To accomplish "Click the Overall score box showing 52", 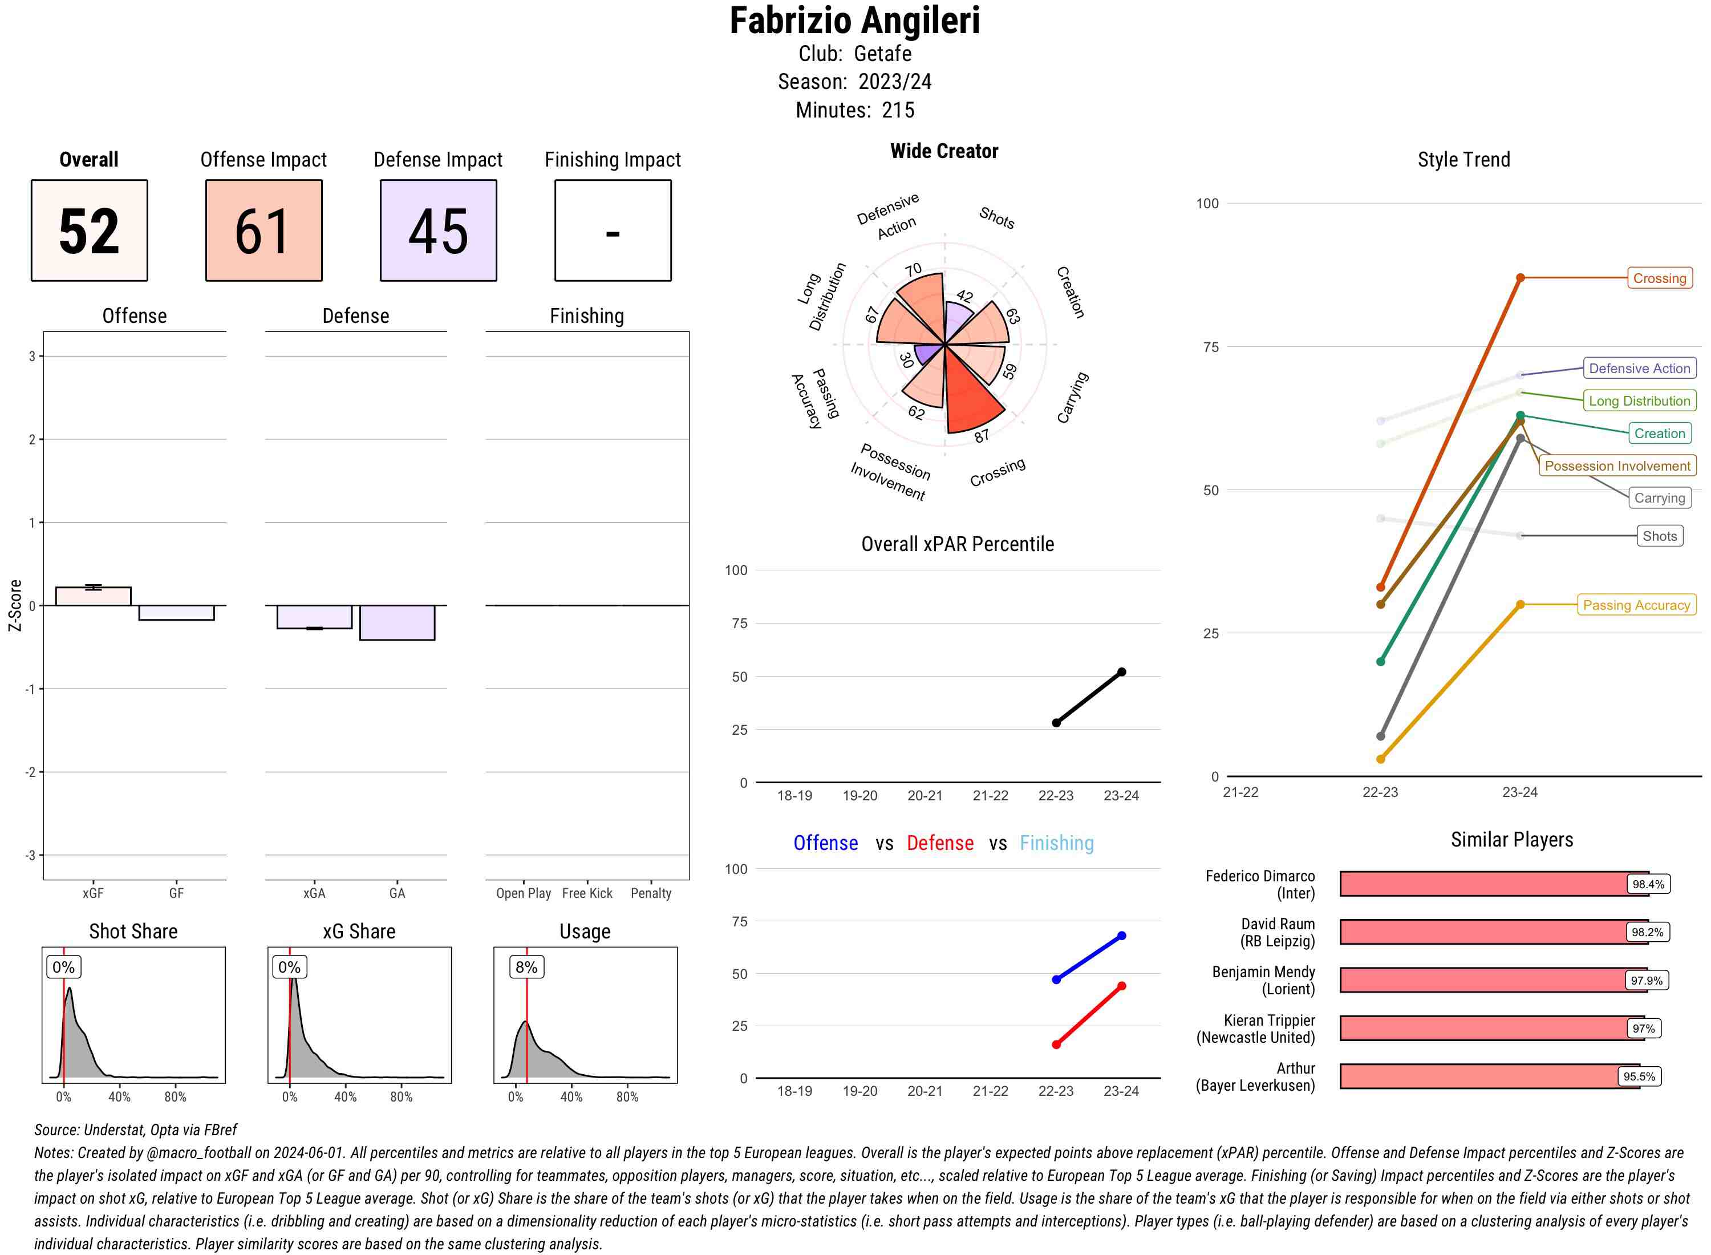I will point(89,230).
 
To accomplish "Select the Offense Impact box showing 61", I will point(263,230).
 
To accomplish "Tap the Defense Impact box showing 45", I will point(438,230).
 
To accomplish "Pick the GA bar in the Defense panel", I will point(397,622).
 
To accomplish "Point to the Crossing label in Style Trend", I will point(1659,278).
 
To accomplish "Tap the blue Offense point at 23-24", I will point(1121,936).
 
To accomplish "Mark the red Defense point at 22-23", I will point(1056,1045).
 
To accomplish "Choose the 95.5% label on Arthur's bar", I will point(1639,1076).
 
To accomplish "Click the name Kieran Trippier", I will point(1268,1020).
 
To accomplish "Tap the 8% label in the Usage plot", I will point(526,967).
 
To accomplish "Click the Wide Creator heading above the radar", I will point(944,151).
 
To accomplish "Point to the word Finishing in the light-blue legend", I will point(1056,843).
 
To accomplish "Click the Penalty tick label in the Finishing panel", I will point(651,893).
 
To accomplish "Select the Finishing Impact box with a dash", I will point(613,230).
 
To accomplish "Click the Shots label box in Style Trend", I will point(1659,536).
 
